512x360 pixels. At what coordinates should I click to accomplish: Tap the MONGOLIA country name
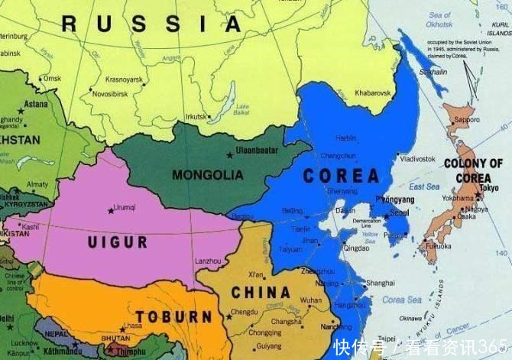207,175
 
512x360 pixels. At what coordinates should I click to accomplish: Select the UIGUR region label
118,242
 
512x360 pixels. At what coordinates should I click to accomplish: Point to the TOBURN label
173,316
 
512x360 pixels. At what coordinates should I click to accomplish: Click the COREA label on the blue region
341,176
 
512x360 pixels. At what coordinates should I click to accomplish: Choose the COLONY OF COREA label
474,170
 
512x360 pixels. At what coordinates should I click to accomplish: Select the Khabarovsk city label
373,93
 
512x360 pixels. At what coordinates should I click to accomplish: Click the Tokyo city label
490,187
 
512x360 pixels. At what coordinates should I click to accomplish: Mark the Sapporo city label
467,120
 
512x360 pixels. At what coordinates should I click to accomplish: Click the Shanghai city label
380,283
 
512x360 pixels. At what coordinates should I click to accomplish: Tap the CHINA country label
261,291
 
